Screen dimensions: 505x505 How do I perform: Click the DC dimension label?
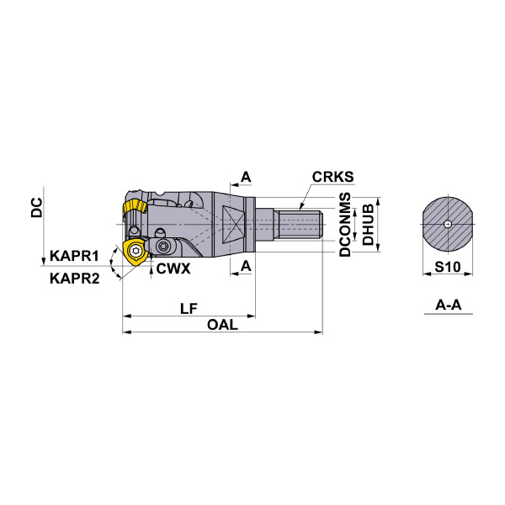[37, 208]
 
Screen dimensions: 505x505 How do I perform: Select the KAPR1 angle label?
[74, 256]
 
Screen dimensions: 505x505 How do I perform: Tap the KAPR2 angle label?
[75, 279]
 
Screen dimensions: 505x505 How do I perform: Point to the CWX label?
[173, 268]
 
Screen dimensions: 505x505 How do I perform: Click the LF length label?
[189, 309]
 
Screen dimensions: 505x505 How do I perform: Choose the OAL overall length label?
[222, 325]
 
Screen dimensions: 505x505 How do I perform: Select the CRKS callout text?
[332, 177]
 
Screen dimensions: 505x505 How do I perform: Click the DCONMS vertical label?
[345, 225]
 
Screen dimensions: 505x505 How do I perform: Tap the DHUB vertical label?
[368, 225]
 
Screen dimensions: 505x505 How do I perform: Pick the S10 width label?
[448, 267]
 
